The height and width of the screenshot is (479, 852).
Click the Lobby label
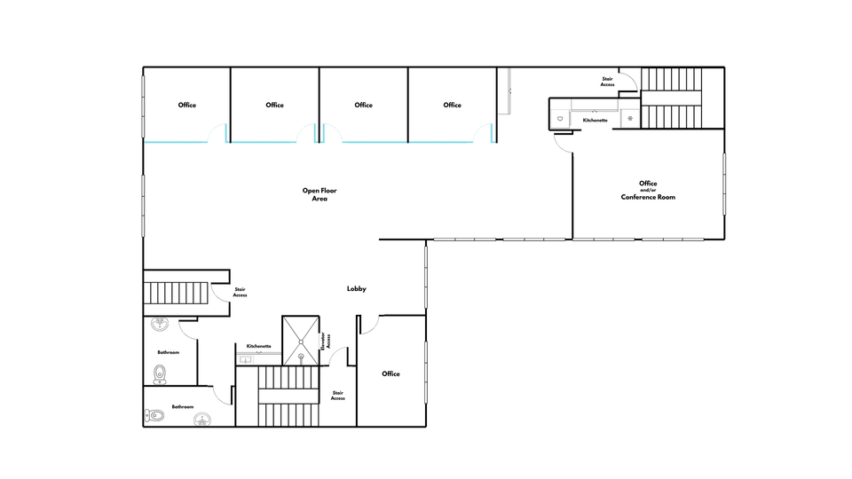click(357, 289)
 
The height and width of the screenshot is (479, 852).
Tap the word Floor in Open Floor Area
click(327, 191)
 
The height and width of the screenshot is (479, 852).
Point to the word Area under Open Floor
click(319, 199)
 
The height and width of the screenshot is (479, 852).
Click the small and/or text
click(648, 190)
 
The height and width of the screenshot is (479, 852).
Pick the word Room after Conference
click(667, 197)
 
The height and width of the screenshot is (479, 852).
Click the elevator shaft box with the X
click(301, 341)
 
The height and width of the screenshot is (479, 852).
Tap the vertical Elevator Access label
click(326, 341)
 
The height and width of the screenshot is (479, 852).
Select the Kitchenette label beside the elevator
click(258, 346)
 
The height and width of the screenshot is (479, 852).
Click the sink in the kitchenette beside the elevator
click(246, 359)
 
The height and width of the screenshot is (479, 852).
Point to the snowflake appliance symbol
click(630, 118)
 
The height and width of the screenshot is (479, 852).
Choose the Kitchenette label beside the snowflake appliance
click(595, 120)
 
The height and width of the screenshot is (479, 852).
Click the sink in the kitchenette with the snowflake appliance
click(560, 118)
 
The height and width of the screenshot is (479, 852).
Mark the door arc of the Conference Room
click(561, 145)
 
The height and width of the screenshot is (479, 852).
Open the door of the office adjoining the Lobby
click(369, 325)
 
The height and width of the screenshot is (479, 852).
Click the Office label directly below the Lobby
click(390, 373)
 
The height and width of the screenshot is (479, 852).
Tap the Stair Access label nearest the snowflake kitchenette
click(607, 82)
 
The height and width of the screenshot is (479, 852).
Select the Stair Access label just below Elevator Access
click(338, 396)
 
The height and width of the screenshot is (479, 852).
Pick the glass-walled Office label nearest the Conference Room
click(452, 105)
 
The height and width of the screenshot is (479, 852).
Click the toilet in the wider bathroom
click(154, 416)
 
